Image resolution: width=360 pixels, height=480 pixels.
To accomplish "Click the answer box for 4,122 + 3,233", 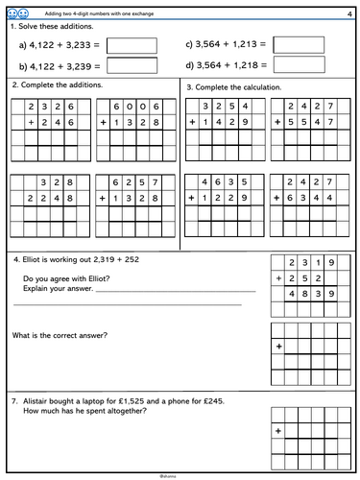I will pyautogui.click(x=132, y=45).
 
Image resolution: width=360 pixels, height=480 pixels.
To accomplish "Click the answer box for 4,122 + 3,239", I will pyautogui.click(x=132, y=66).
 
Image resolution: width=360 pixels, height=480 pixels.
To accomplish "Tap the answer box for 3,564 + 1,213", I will pyautogui.click(x=297, y=45).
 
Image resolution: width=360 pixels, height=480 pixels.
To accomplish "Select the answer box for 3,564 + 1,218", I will pyautogui.click(x=297, y=66).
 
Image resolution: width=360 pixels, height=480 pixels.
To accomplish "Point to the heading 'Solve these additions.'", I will pyautogui.click(x=53, y=27).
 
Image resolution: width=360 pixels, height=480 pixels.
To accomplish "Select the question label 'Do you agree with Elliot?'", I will pyautogui.click(x=68, y=279).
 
